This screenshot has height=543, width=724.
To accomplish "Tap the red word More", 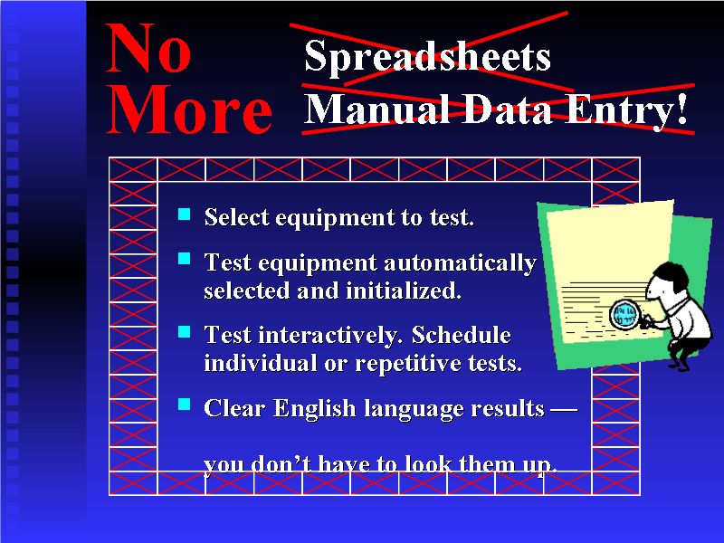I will coord(189,112).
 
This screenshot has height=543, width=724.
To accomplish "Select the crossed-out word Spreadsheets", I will coord(427,56).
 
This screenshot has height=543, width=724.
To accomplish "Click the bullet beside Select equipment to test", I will coord(185,214).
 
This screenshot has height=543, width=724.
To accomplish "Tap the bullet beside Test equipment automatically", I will coord(185,260).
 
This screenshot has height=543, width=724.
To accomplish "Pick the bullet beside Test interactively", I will coord(185,332).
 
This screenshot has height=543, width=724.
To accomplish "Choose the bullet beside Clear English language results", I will coord(185,405).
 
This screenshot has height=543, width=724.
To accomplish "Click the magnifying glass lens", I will coord(624,314).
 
